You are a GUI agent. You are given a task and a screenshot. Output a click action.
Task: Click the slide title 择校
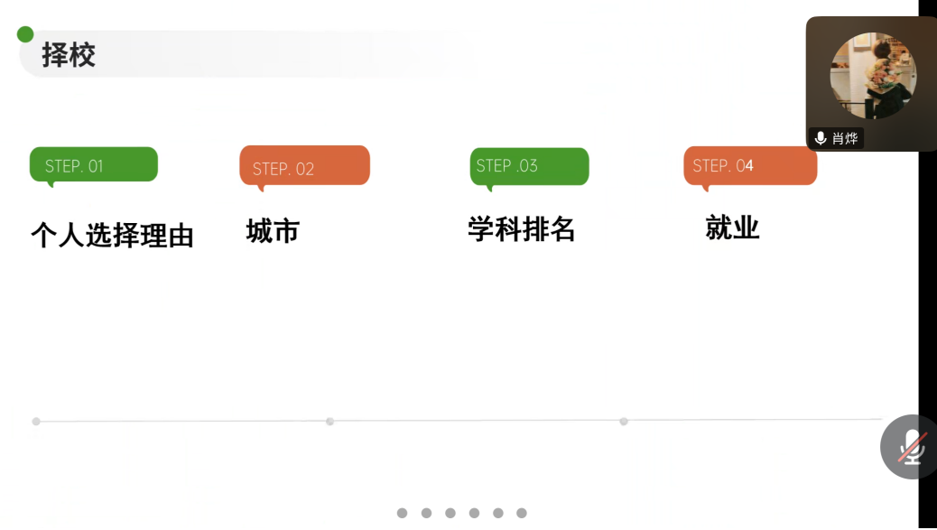[69, 55]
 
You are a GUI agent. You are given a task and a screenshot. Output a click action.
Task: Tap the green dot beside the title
[25, 35]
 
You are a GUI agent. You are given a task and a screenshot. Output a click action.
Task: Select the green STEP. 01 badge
[94, 165]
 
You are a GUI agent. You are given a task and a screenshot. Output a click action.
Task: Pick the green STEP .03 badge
[529, 166]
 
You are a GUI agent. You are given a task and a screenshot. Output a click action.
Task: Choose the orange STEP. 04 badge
[750, 166]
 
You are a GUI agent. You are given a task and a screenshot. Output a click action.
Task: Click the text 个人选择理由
[112, 235]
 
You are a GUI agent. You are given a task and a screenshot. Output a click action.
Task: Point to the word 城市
[273, 232]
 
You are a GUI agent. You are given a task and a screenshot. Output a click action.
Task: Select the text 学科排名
[522, 229]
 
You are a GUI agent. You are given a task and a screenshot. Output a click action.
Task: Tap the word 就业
[732, 228]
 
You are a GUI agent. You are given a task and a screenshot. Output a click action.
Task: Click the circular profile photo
[872, 76]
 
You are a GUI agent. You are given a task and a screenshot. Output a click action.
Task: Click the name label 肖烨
[845, 138]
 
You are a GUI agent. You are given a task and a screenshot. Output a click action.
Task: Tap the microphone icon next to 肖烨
[821, 138]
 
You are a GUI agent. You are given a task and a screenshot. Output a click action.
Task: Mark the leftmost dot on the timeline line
[36, 422]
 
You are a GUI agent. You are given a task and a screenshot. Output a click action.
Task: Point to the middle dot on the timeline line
[329, 422]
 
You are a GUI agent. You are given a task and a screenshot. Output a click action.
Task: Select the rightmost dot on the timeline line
[624, 421]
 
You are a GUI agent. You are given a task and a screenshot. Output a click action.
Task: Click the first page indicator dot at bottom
[403, 513]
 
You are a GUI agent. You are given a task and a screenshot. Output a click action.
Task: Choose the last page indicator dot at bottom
[522, 513]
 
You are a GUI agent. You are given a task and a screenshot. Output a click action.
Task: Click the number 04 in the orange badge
[745, 166]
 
